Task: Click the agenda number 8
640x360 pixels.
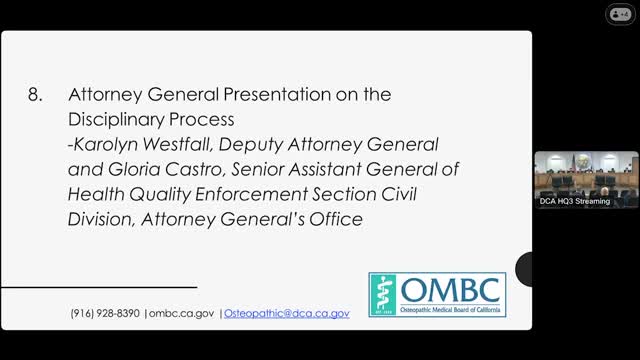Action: click(36, 95)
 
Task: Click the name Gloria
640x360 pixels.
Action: click(123, 169)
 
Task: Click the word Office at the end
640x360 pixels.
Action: click(336, 218)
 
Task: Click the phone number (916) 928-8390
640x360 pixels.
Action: click(105, 313)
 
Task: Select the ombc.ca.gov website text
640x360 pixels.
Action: click(182, 313)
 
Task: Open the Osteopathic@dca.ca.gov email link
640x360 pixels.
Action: click(286, 313)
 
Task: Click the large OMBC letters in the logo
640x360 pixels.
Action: click(451, 289)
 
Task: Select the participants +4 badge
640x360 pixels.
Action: click(620, 14)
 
